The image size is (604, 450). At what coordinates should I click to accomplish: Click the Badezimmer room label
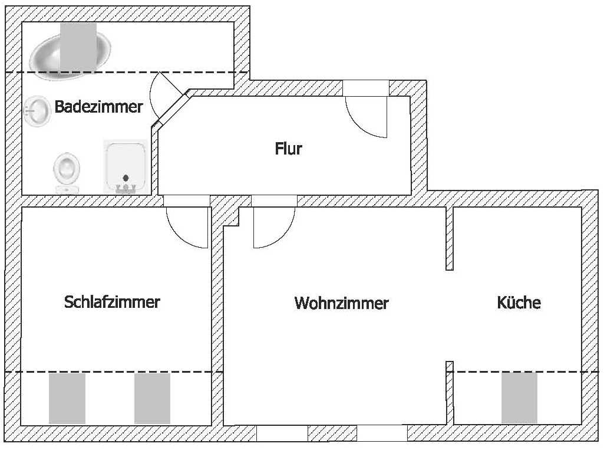click(98, 107)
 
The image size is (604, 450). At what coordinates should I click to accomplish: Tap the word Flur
click(289, 149)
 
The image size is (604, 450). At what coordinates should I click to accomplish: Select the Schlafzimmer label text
click(112, 302)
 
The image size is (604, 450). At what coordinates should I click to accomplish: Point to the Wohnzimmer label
click(341, 303)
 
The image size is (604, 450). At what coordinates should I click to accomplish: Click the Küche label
click(519, 303)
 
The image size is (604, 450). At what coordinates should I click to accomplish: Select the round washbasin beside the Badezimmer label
click(38, 111)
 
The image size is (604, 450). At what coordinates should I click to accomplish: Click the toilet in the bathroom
click(65, 171)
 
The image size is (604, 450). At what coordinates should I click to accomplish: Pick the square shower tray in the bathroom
click(125, 166)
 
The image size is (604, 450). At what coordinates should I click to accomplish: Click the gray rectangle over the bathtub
click(78, 45)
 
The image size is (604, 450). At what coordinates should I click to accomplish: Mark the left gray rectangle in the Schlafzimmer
click(67, 398)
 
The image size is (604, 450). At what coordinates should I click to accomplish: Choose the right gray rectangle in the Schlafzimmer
click(152, 398)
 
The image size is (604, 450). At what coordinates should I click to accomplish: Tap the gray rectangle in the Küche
click(519, 398)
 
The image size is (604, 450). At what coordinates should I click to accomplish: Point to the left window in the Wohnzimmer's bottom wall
click(282, 433)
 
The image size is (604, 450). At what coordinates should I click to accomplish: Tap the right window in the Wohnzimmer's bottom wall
click(382, 433)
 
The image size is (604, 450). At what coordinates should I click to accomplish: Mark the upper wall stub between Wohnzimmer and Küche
click(450, 238)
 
